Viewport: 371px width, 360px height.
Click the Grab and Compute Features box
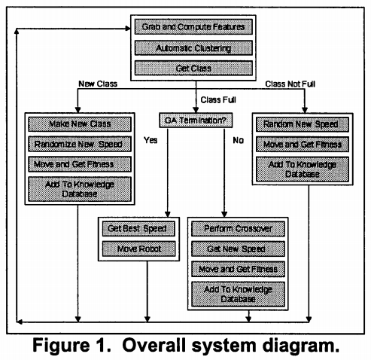click(193, 27)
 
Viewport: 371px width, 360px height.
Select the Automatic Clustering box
click(193, 48)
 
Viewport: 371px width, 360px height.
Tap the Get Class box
click(193, 68)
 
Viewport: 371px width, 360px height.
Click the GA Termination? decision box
click(196, 121)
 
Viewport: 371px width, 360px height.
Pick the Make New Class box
click(80, 124)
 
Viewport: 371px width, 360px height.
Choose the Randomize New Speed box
click(80, 144)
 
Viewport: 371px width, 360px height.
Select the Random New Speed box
click(303, 124)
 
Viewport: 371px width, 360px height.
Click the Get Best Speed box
click(138, 228)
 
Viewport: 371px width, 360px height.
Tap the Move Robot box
click(138, 249)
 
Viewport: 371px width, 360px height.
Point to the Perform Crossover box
click(238, 229)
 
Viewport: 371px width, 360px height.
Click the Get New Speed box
click(238, 249)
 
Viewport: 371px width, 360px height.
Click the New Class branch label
click(98, 84)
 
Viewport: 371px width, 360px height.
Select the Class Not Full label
click(290, 84)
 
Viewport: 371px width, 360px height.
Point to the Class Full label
click(218, 99)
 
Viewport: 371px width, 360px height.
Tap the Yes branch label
click(151, 140)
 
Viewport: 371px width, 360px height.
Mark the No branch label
click(238, 140)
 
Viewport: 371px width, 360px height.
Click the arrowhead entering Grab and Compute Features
click(128, 29)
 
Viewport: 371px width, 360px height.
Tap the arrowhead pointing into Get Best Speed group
click(168, 214)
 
